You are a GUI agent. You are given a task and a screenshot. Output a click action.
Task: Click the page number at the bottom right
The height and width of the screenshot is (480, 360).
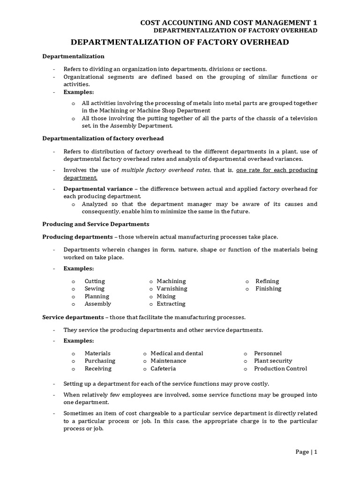click(307, 452)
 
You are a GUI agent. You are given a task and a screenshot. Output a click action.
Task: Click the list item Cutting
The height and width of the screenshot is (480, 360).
click(95, 281)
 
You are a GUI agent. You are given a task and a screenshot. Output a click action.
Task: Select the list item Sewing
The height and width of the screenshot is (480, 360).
click(95, 289)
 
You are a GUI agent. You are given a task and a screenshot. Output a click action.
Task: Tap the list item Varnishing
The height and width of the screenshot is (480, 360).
click(172, 289)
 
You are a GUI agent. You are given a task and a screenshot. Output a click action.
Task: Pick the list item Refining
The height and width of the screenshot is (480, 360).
click(267, 281)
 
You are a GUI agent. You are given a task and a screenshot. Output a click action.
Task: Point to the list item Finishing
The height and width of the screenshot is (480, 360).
click(268, 289)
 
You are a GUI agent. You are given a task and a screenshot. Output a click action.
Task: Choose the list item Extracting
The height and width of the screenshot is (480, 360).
click(171, 304)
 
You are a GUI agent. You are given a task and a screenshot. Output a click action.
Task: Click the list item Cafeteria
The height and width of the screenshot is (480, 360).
click(164, 368)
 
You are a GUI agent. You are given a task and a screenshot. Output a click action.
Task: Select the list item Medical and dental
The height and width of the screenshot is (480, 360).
click(177, 353)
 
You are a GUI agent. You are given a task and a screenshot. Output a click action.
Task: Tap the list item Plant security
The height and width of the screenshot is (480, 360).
click(273, 361)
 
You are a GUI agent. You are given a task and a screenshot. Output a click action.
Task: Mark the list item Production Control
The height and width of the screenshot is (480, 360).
click(280, 368)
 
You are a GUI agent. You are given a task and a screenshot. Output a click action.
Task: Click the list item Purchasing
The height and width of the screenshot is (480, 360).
click(100, 361)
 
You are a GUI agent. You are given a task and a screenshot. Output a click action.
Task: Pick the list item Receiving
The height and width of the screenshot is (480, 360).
click(98, 368)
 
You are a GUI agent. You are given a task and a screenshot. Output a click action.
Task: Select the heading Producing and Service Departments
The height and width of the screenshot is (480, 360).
click(96, 224)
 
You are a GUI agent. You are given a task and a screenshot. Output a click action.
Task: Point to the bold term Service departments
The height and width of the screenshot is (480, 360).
click(73, 317)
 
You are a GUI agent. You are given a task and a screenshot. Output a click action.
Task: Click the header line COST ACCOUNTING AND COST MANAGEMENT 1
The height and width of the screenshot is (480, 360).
click(229, 22)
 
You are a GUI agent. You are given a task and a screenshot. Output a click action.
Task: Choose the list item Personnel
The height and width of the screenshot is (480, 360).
click(268, 353)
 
